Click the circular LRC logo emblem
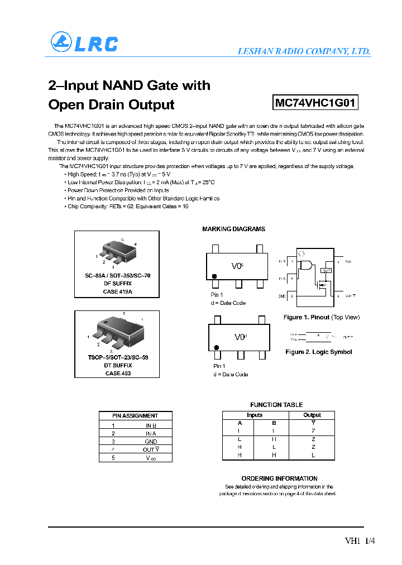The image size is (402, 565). pos(61,42)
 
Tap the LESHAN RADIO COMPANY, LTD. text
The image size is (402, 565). pos(304,51)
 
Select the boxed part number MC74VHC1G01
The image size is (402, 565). pos(315,103)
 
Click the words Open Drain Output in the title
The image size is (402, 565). pos(111,104)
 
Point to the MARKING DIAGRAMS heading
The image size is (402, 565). pos(233,229)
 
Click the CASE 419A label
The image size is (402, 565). pos(118,291)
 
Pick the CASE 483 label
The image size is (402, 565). pos(118,373)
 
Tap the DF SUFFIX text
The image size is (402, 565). pos(118,284)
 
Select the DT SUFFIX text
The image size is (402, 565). pos(118,365)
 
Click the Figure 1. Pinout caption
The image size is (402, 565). pos(322,317)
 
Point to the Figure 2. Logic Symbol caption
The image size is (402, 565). pos(318,352)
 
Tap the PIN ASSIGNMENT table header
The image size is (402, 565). pos(135,415)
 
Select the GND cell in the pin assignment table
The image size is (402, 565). pos(151,442)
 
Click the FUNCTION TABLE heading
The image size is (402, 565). pos(276,405)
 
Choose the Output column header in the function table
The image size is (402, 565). pos(312,415)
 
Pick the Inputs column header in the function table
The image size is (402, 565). pos(255,415)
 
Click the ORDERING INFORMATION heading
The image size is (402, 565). pos(279,478)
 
